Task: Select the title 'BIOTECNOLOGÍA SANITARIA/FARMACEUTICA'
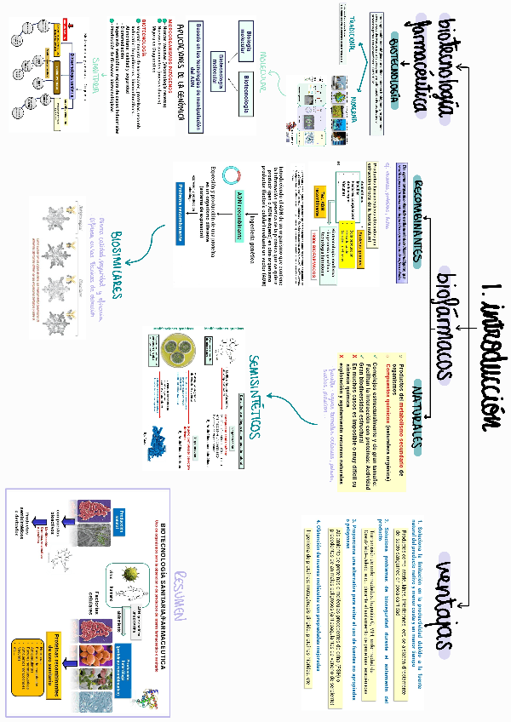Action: point(161,595)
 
